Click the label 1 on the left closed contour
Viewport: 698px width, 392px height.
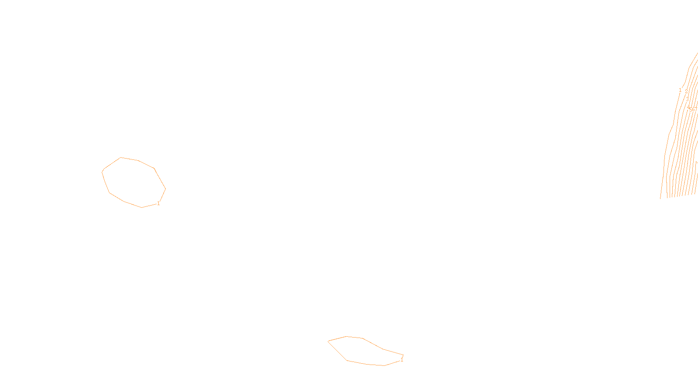tap(158, 203)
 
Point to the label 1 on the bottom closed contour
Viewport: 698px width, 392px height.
tap(402, 360)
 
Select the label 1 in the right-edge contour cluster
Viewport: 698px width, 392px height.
tap(680, 90)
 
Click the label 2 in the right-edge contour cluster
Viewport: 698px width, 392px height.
tap(686, 91)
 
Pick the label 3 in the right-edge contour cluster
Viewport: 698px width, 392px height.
tap(687, 99)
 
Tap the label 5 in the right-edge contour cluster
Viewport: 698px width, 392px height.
tap(691, 109)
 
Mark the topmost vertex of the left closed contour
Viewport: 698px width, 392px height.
tap(121, 158)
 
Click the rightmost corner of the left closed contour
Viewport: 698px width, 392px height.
tap(165, 189)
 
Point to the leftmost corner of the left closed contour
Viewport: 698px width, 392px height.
tap(102, 172)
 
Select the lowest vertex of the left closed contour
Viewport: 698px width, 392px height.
tap(142, 207)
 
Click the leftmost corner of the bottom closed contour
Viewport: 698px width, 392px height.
tap(328, 341)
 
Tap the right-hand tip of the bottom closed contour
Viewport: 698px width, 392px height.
tap(403, 355)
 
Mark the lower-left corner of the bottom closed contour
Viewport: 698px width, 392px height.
tap(347, 360)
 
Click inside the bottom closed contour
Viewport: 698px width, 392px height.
tap(364, 351)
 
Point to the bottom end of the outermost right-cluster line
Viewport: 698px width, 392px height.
tap(660, 199)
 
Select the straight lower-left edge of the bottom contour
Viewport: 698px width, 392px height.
tap(337, 351)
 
